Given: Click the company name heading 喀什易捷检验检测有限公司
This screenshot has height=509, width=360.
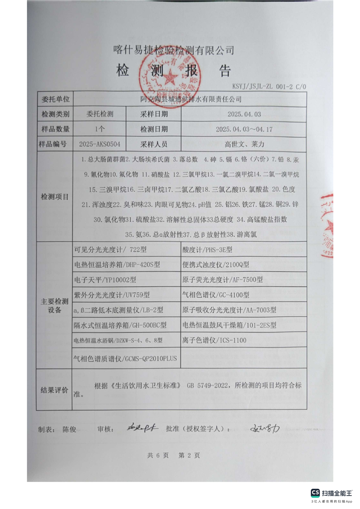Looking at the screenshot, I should (x=173, y=49).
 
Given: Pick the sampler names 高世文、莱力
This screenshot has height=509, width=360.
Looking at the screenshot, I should (x=244, y=144).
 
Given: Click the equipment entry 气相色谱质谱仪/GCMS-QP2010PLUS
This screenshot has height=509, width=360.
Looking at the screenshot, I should (x=124, y=358).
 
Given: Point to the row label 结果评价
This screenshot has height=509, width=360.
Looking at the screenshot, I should (x=54, y=390).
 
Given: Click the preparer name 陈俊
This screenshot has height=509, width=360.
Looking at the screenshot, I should (x=69, y=429).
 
